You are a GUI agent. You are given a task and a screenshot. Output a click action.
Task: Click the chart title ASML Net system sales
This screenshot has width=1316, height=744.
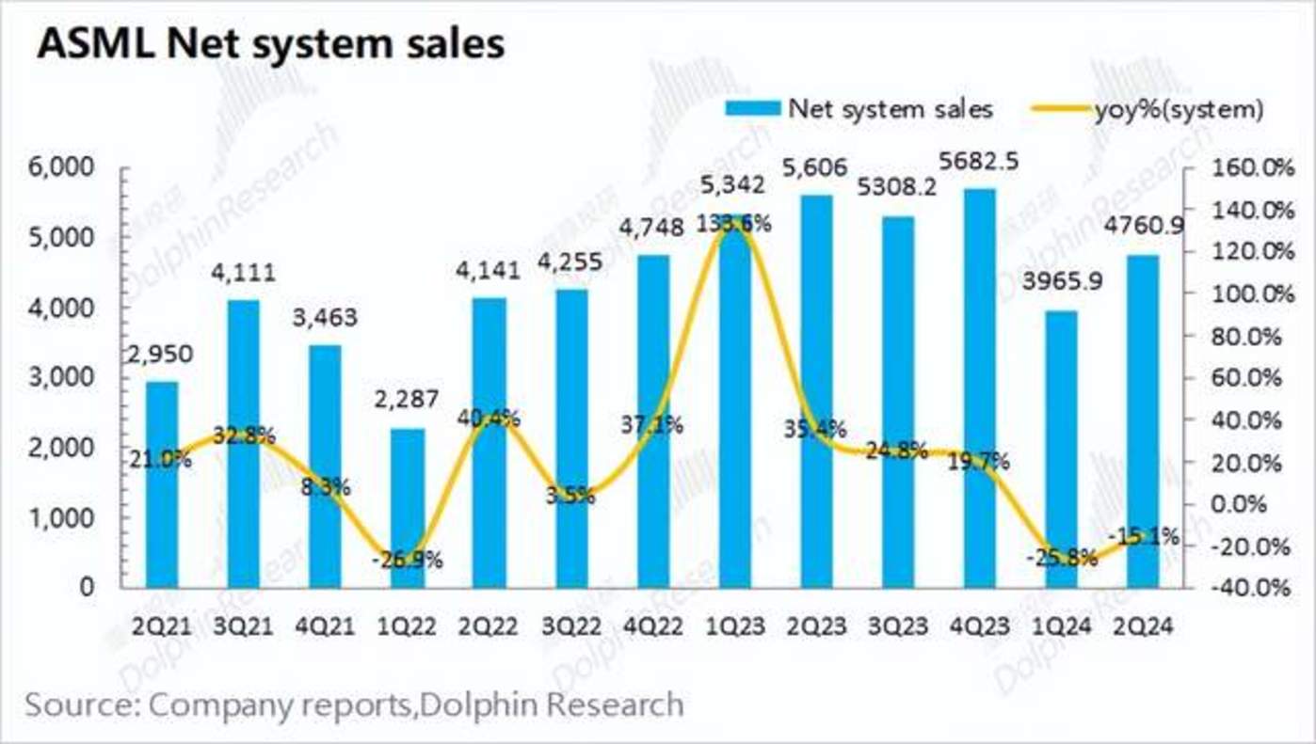point(271,43)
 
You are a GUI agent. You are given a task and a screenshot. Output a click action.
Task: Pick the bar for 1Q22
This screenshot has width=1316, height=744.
point(407,508)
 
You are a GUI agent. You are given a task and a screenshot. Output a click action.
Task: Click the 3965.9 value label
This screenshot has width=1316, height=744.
point(1062,280)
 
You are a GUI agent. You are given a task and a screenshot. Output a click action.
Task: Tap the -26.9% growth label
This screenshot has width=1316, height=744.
point(407,561)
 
